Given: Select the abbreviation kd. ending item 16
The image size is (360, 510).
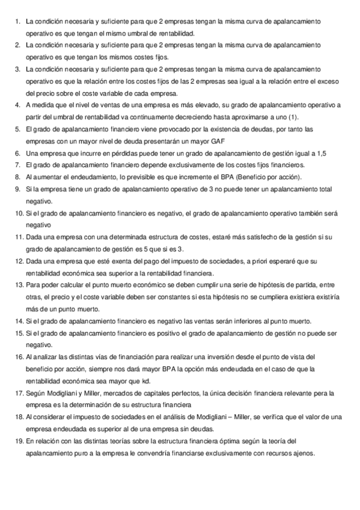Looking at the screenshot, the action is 146,381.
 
